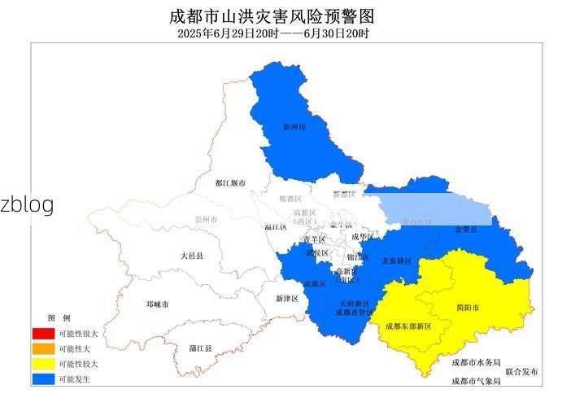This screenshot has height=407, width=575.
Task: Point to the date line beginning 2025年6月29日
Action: pyautogui.click(x=273, y=34)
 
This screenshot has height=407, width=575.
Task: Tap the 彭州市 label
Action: pyautogui.click(x=294, y=127)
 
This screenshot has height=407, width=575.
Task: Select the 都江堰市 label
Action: pyautogui.click(x=230, y=183)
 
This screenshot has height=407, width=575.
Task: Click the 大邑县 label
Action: pyautogui.click(x=192, y=256)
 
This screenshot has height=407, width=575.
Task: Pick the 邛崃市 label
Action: pyautogui.click(x=157, y=304)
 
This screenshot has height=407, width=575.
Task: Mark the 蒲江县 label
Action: pyautogui.click(x=200, y=348)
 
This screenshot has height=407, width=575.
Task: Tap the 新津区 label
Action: pyautogui.click(x=288, y=299)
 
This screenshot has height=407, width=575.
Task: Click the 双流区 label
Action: pyautogui.click(x=315, y=284)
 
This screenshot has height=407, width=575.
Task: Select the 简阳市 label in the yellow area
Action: pyautogui.click(x=467, y=308)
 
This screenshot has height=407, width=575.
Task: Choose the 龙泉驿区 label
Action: pyautogui.click(x=397, y=261)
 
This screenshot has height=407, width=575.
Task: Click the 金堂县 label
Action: pyautogui.click(x=466, y=230)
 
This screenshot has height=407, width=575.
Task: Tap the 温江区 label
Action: pyautogui.click(x=276, y=227)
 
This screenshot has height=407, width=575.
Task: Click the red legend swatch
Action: pyautogui.click(x=43, y=334)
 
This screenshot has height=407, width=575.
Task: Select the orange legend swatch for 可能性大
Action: pyautogui.click(x=43, y=348)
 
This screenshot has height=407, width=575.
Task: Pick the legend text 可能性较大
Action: pyautogui.click(x=78, y=364)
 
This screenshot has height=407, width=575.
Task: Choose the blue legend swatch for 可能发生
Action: pyautogui.click(x=43, y=379)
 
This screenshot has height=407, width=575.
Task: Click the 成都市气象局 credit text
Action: pyautogui.click(x=476, y=380)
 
